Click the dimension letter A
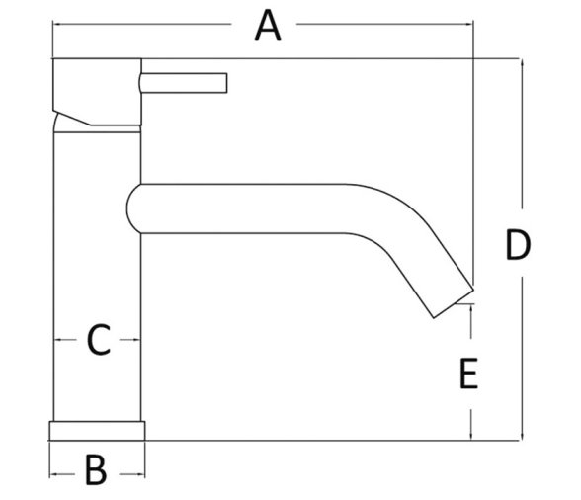click(268, 26)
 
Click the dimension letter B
click(96, 469)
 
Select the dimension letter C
click(99, 340)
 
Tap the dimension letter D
click(518, 245)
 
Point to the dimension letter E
click(468, 374)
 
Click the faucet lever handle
click(184, 83)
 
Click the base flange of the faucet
click(97, 431)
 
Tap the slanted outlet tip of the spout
click(454, 303)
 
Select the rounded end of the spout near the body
click(133, 208)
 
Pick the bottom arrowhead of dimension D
click(523, 435)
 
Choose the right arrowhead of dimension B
click(140, 474)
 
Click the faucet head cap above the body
click(97, 91)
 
